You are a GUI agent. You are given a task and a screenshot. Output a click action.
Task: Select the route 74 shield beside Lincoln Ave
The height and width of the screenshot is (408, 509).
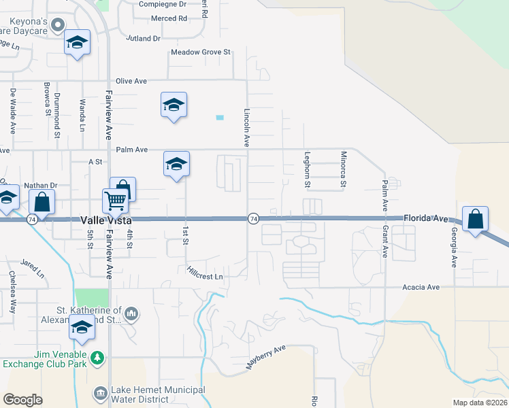point(253,218)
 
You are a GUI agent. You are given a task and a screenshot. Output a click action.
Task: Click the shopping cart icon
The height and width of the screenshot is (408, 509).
point(115,201)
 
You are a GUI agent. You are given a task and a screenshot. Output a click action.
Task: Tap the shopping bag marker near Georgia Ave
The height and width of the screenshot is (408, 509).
point(476,219)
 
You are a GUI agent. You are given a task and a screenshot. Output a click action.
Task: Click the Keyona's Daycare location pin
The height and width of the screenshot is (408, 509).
point(59,26)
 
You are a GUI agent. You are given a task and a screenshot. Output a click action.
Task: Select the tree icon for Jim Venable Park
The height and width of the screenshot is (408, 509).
point(98,356)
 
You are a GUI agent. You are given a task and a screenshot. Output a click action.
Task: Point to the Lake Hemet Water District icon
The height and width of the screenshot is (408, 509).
point(100,392)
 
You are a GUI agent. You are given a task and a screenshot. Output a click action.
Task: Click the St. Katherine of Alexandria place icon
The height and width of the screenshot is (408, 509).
point(131,313)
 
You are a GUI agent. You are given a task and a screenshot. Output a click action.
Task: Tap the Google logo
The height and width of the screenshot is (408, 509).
point(23,399)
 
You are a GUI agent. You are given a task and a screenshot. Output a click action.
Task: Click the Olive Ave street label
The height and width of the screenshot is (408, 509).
point(131,81)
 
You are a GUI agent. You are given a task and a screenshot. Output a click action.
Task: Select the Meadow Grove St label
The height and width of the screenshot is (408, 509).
point(201,52)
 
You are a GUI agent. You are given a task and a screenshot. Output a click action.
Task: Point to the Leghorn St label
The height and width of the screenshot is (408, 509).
point(308,169)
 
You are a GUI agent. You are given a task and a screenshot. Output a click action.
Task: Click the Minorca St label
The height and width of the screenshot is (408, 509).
point(344,169)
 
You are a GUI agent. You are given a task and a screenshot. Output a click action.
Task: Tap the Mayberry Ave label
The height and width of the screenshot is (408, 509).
point(265,358)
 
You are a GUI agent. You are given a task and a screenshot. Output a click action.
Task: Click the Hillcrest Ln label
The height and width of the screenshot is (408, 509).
point(205,273)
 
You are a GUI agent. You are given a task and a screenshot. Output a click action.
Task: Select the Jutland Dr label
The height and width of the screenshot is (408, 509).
point(143,39)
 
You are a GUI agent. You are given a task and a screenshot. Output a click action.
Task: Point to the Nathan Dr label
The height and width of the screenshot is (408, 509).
point(41,185)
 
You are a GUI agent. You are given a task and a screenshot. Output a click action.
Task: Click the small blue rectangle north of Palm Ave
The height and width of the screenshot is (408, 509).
point(220,118)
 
